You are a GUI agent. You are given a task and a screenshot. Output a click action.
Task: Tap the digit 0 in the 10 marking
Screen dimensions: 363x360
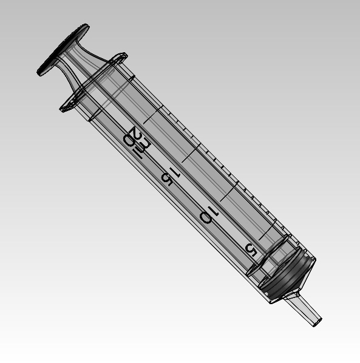coord(205,217)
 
